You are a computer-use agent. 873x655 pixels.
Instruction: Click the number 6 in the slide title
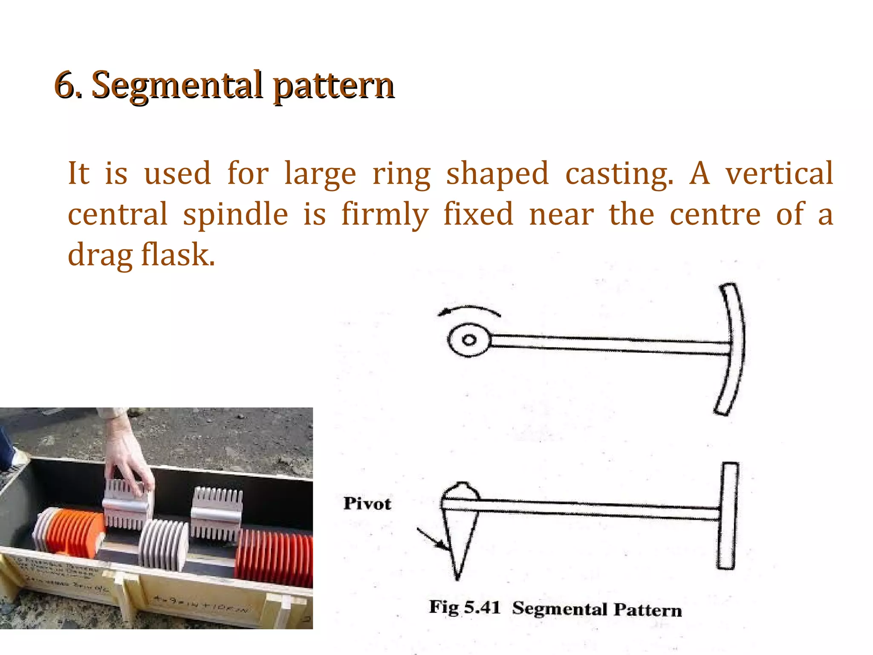tap(64, 85)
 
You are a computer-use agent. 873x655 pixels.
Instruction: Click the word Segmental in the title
tap(177, 86)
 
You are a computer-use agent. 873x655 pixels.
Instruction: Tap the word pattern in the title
tap(333, 87)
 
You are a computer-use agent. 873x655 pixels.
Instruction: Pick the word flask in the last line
tap(178, 255)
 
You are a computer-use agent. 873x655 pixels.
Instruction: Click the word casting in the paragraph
tap(619, 174)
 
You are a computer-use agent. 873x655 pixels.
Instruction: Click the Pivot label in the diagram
tap(367, 504)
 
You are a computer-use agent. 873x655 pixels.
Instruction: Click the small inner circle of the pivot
tap(469, 340)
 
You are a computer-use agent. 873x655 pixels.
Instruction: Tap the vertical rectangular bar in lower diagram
tap(728, 516)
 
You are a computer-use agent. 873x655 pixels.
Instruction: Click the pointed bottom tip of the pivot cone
tap(457, 577)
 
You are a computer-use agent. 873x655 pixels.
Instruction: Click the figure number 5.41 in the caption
tap(482, 607)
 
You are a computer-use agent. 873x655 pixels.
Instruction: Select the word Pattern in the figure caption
tap(648, 609)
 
